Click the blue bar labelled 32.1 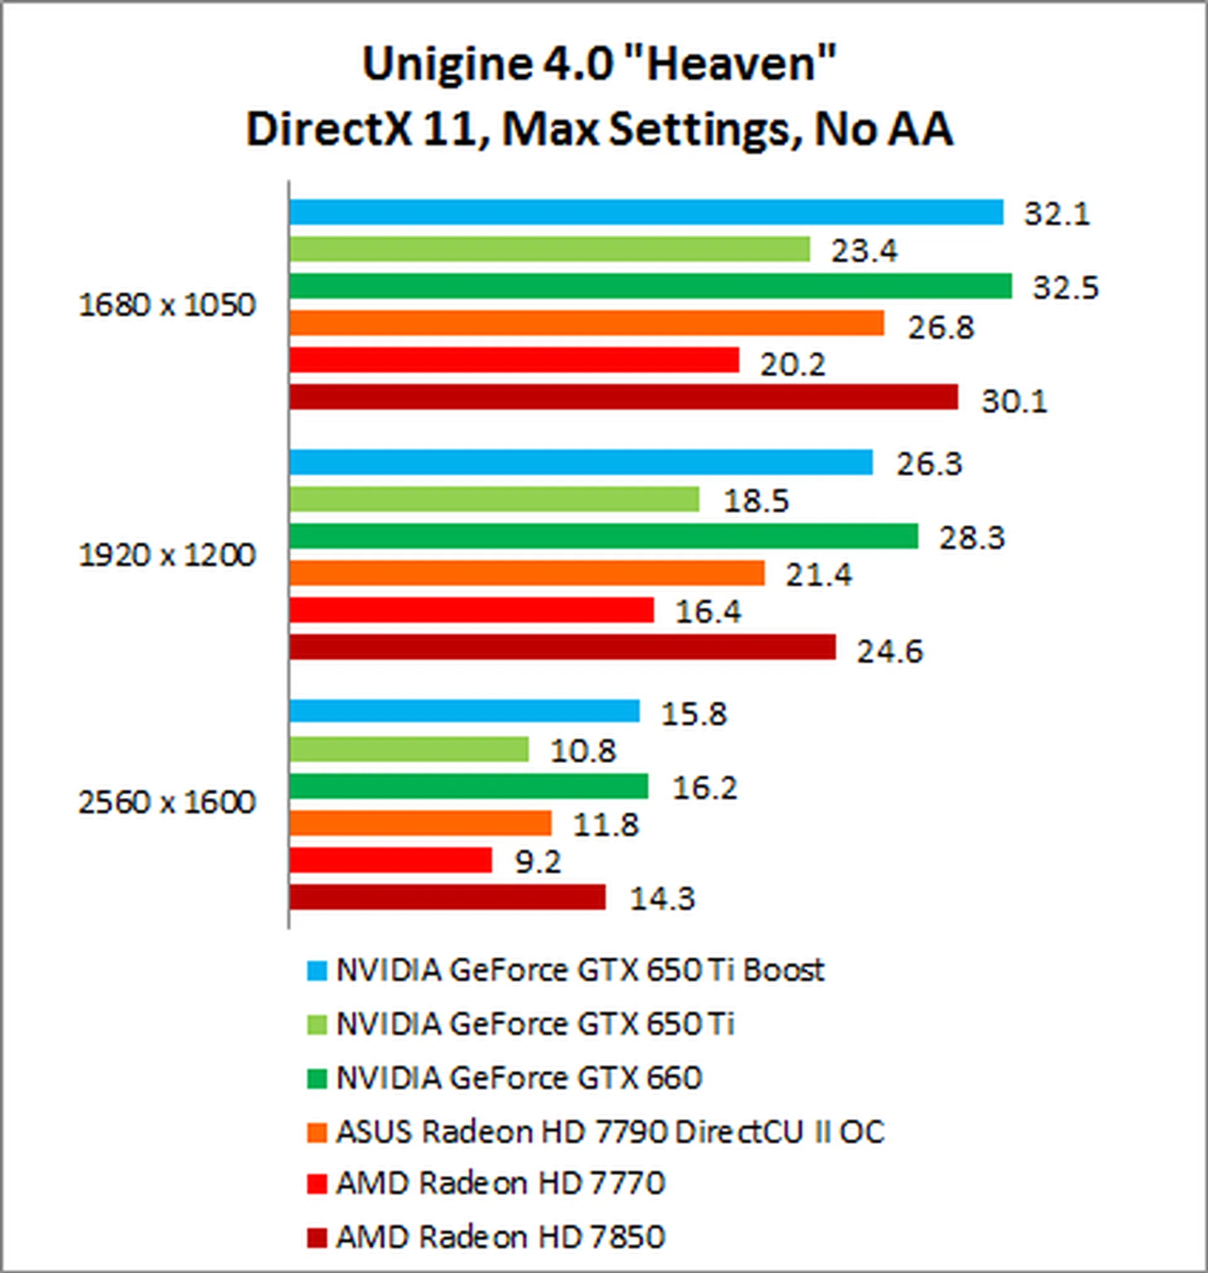(x=646, y=212)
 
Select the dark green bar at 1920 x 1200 (x=603, y=536)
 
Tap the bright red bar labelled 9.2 (x=390, y=860)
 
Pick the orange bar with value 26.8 (x=586, y=323)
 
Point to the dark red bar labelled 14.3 (x=447, y=897)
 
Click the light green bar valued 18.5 (x=494, y=499)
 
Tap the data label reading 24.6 (x=889, y=652)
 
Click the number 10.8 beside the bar (x=583, y=750)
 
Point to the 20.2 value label (x=792, y=365)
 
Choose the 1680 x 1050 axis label (x=167, y=305)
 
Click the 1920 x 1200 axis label (x=167, y=555)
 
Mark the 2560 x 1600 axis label (x=167, y=803)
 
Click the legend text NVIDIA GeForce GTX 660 (x=518, y=1078)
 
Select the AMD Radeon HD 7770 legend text (x=500, y=1182)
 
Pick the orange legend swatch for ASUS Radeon (x=317, y=1132)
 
